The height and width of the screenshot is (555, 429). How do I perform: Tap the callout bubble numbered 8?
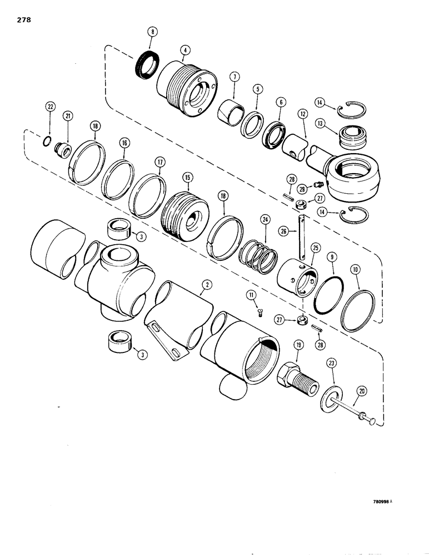(x=152, y=33)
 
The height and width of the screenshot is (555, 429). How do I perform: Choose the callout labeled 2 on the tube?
(x=206, y=285)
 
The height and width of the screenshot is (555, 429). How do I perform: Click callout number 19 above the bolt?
(x=298, y=346)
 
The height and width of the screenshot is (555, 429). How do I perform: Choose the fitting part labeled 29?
(x=318, y=184)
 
